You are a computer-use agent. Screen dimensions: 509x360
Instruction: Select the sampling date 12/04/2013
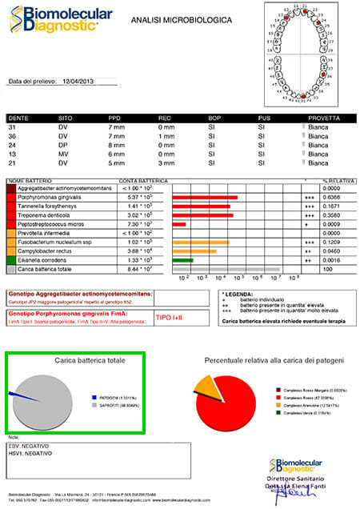(80, 81)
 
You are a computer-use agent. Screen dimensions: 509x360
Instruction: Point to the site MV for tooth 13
(64, 154)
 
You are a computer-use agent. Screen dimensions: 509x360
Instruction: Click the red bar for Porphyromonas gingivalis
(206, 197)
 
